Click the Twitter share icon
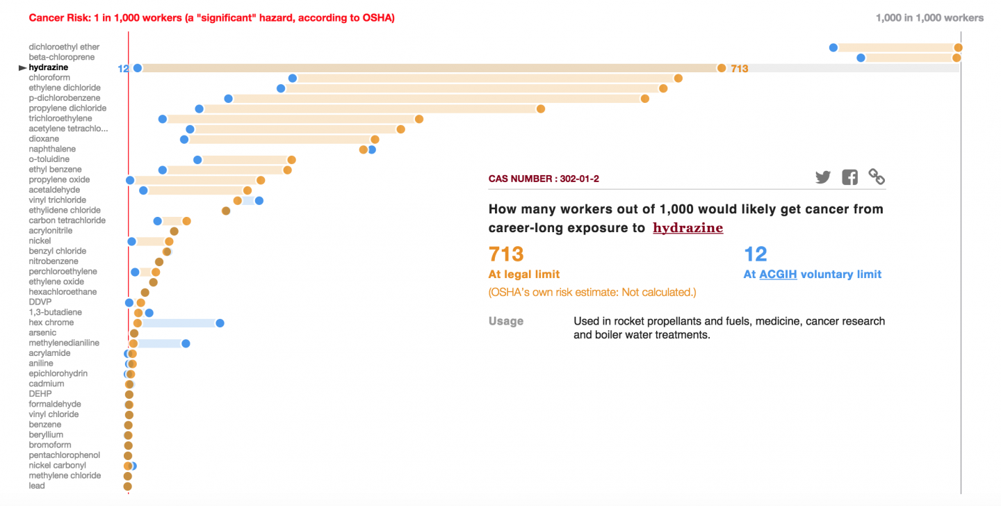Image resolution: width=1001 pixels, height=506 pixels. click(x=823, y=177)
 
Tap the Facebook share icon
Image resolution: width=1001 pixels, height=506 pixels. click(x=849, y=177)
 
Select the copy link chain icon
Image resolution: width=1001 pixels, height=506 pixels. click(x=877, y=177)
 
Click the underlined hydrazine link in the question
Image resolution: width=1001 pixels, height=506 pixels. click(x=687, y=228)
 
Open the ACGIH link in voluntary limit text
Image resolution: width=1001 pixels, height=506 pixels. click(x=778, y=275)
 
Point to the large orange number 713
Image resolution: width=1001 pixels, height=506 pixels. click(x=506, y=254)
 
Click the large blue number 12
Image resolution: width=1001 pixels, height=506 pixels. click(x=755, y=254)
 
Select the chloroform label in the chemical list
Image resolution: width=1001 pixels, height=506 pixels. click(x=49, y=78)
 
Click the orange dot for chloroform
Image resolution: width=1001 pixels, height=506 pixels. click(x=678, y=78)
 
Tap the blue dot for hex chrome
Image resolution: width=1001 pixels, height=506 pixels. click(x=220, y=323)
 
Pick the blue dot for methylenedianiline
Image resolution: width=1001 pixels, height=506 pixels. click(x=186, y=343)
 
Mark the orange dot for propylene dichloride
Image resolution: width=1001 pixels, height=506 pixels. click(x=540, y=108)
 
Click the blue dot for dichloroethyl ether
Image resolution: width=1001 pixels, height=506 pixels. click(x=833, y=47)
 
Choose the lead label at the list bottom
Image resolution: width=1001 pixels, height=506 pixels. click(x=36, y=486)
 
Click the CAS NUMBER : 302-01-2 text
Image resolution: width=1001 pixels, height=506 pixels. click(x=544, y=179)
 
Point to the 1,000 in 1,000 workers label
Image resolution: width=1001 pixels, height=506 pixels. click(x=929, y=18)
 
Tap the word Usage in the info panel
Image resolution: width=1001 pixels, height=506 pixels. click(x=506, y=322)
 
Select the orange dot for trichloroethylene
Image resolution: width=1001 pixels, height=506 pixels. click(x=418, y=119)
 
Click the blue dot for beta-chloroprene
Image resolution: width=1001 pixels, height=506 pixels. click(x=861, y=58)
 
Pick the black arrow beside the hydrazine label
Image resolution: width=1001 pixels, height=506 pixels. click(x=22, y=67)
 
